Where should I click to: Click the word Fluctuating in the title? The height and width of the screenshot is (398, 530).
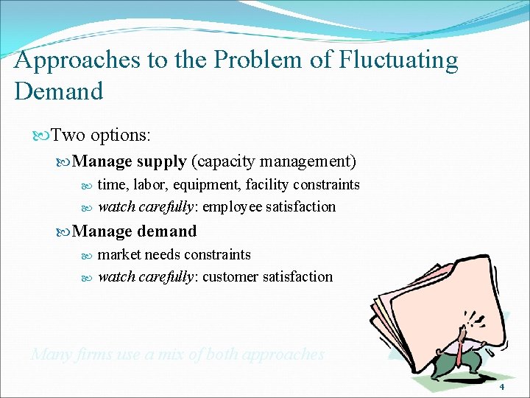click(x=397, y=60)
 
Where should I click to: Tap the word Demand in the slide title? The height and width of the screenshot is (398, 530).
click(x=58, y=91)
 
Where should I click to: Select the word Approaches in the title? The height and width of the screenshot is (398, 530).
click(x=77, y=60)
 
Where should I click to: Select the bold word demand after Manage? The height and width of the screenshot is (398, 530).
click(x=166, y=231)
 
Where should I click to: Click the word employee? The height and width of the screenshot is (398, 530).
click(x=233, y=207)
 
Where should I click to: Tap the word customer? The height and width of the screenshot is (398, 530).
click(x=231, y=277)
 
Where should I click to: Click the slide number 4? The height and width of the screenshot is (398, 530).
click(x=501, y=387)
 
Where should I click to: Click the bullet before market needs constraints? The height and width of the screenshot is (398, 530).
click(x=87, y=255)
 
